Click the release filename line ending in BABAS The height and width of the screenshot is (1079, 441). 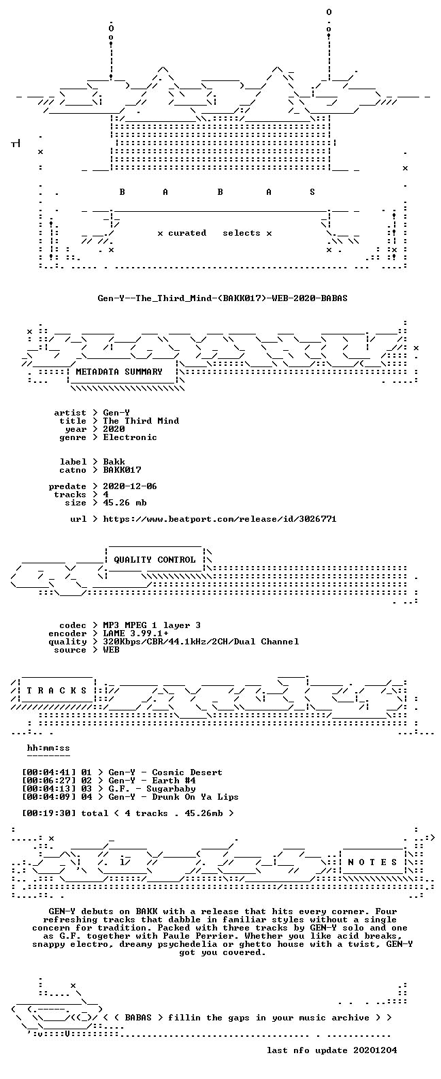tap(223, 298)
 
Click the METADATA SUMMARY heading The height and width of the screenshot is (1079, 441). tap(119, 371)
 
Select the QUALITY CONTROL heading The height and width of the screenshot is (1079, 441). tap(154, 560)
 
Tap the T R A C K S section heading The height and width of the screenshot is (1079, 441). tap(56, 690)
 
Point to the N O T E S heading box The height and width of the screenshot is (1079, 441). tap(373, 862)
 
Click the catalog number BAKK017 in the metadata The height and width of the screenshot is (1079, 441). tap(122, 470)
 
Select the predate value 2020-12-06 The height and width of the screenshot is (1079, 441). tap(130, 486)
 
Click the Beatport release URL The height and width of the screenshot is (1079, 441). tap(220, 519)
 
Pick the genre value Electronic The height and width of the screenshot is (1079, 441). tap(130, 437)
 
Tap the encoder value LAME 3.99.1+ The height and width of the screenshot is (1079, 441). tap(135, 634)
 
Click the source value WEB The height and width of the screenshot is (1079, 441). tap(111, 650)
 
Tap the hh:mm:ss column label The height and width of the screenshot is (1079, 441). tap(48, 748)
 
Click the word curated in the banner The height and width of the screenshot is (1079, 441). tap(187, 233)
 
